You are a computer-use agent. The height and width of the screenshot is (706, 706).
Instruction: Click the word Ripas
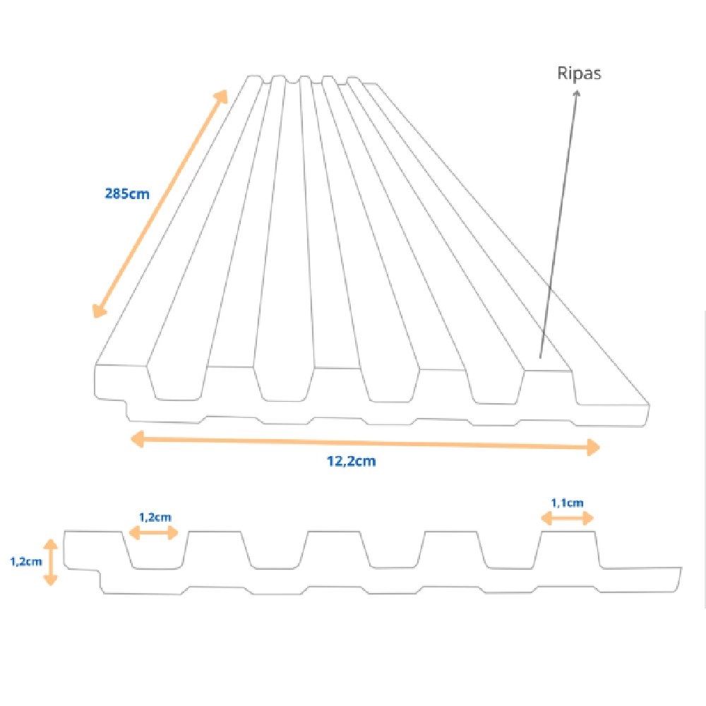pyautogui.click(x=579, y=73)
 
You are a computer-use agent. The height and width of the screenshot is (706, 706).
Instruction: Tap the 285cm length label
pyautogui.click(x=126, y=192)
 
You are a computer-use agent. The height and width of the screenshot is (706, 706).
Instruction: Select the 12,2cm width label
pyautogui.click(x=351, y=462)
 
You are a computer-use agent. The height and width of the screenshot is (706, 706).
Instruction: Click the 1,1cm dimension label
pyautogui.click(x=567, y=503)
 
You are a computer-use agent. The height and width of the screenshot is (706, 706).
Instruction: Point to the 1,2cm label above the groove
pyautogui.click(x=155, y=517)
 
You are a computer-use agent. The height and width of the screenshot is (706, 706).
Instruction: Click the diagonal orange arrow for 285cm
pyautogui.click(x=161, y=203)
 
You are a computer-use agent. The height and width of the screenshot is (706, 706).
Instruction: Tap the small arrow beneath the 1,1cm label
pyautogui.click(x=567, y=518)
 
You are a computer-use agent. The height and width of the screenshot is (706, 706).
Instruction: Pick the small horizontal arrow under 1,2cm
pyautogui.click(x=155, y=533)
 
